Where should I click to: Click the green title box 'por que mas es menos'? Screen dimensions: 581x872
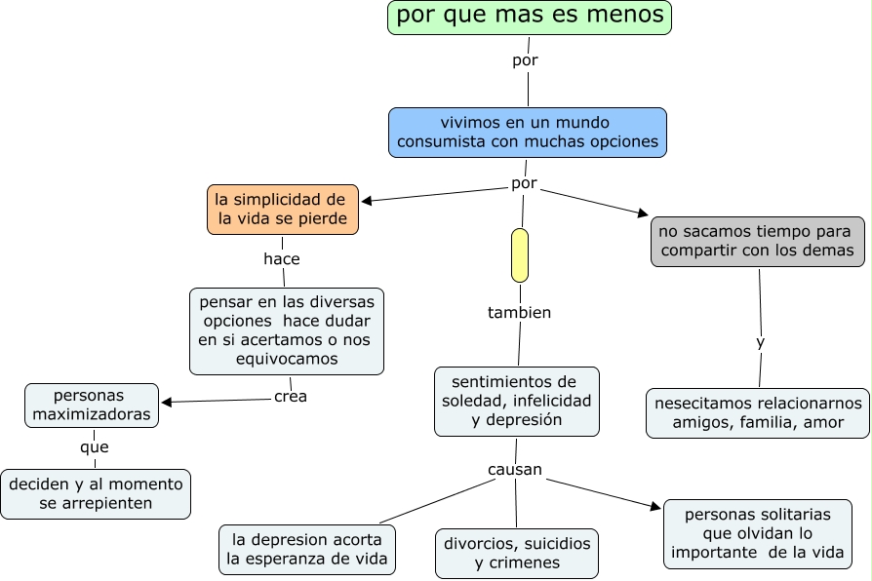[530, 18]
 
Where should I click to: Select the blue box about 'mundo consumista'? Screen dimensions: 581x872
[527, 133]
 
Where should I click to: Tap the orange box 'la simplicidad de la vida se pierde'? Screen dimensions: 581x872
[283, 210]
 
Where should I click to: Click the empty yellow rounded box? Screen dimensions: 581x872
[520, 255]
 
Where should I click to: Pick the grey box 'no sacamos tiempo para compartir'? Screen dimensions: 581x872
[758, 242]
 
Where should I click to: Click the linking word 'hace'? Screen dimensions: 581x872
[282, 259]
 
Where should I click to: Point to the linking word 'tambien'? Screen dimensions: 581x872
[519, 313]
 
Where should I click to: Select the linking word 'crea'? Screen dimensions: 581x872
[291, 397]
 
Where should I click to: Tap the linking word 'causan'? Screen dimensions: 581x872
[515, 471]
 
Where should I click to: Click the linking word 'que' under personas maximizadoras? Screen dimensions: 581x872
[95, 447]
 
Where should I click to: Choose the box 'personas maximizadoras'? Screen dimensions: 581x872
[92, 406]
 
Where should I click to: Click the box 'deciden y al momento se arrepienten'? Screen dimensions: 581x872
[96, 493]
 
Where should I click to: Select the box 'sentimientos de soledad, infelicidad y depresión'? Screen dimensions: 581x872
[517, 401]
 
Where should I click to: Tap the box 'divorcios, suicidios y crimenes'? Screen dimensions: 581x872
[517, 553]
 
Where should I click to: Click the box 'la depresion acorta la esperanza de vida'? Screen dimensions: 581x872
[307, 550]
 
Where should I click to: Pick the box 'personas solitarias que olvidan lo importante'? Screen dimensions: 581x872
[758, 533]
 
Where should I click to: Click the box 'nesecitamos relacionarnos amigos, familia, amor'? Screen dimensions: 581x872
[758, 413]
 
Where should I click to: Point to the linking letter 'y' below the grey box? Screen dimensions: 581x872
[761, 343]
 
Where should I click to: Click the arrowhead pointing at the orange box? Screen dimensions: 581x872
[368, 202]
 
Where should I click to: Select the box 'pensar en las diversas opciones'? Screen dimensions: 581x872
[287, 330]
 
